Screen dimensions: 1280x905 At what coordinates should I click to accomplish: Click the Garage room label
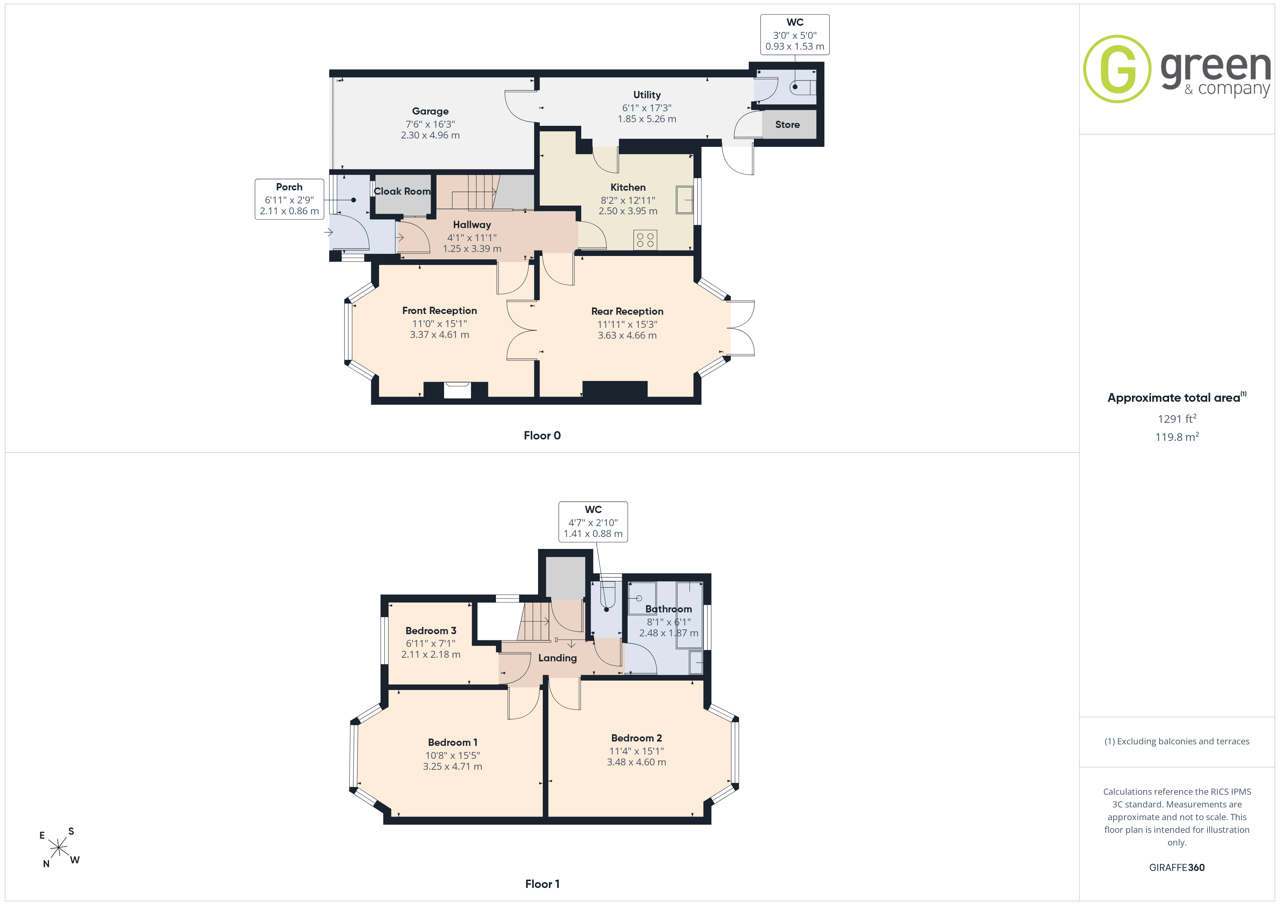click(x=430, y=111)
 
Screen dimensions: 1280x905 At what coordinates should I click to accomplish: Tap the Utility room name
click(x=647, y=95)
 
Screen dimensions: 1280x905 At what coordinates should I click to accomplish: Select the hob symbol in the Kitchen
click(x=645, y=240)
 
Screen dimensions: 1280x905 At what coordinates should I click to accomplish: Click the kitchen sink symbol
click(x=684, y=199)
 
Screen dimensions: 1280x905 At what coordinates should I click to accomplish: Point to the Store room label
click(x=787, y=125)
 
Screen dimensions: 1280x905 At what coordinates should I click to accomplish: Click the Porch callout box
click(x=289, y=199)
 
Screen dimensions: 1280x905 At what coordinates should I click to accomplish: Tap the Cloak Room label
click(x=402, y=191)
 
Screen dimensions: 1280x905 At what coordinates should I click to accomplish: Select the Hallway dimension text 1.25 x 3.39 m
click(x=472, y=248)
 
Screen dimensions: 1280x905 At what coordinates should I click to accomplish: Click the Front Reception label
click(x=439, y=310)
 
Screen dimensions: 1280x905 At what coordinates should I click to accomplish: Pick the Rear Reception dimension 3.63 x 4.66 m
click(x=627, y=335)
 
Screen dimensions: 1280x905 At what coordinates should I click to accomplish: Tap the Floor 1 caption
click(x=542, y=884)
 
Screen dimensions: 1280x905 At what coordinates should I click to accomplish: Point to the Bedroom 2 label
click(x=636, y=738)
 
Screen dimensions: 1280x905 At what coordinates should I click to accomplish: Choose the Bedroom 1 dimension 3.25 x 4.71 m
click(x=452, y=766)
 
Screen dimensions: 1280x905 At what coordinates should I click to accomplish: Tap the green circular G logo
click(x=1117, y=69)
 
